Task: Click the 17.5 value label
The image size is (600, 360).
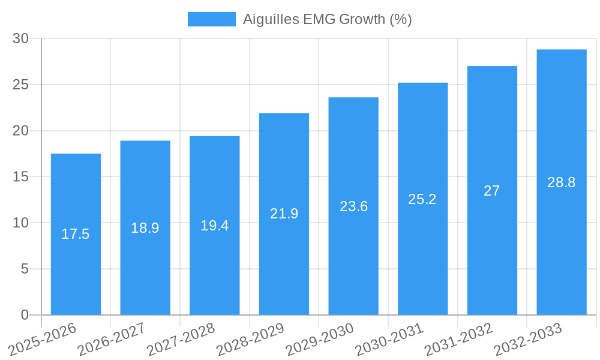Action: tap(76, 234)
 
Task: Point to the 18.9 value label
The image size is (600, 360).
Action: tap(145, 228)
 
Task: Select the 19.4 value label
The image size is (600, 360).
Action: tap(214, 226)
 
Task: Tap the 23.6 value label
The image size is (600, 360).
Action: tap(353, 206)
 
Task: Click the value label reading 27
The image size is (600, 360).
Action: tap(492, 191)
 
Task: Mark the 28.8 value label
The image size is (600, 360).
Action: tap(562, 182)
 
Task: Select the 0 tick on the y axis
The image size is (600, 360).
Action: tap(25, 315)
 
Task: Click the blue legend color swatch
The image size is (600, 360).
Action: tap(211, 19)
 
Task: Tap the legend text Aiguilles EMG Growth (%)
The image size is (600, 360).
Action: tap(327, 19)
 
